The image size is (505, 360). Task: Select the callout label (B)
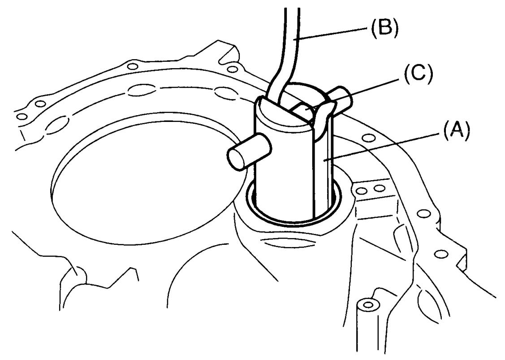[x=384, y=27]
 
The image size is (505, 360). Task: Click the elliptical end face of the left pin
[x=237, y=158]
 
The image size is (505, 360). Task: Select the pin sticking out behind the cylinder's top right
[x=340, y=99]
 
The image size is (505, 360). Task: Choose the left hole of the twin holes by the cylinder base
[x=362, y=191]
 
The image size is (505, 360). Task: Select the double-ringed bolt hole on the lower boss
[x=367, y=304]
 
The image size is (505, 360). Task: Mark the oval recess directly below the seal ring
[x=290, y=242]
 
